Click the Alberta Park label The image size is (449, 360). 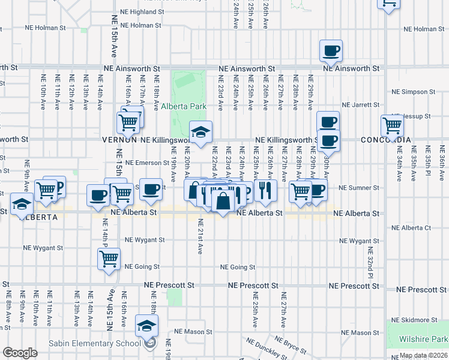[x=184, y=107]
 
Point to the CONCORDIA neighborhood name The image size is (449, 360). [x=386, y=140]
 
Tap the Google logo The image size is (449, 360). [x=20, y=353]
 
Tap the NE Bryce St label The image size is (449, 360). [x=292, y=345]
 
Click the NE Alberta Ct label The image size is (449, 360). [x=411, y=228]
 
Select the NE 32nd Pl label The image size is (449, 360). [x=370, y=263]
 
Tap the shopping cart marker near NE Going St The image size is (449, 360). [x=109, y=259]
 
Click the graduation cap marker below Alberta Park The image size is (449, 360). [x=201, y=132]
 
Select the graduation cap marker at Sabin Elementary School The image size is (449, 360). [x=146, y=325]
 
